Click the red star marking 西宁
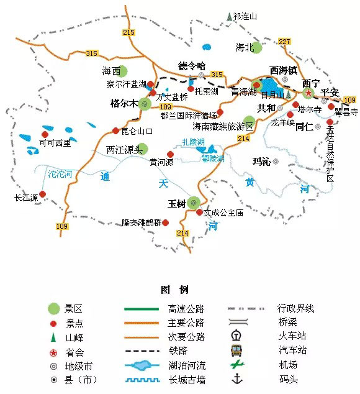[308, 92]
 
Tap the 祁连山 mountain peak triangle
[230, 16]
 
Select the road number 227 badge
[284, 42]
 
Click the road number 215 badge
[128, 32]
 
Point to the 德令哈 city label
[191, 66]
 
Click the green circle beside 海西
[123, 71]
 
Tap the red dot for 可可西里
[45, 134]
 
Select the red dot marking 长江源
[42, 194]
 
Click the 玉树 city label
[177, 203]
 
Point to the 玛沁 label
[261, 162]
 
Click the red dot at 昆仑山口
[115, 131]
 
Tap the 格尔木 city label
[123, 103]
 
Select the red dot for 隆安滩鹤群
[166, 222]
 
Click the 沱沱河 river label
[60, 174]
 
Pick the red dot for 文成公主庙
[199, 212]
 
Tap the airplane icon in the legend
[236, 365]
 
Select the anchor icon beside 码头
[236, 379]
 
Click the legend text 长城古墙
[186, 379]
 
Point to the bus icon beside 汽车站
[236, 350]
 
